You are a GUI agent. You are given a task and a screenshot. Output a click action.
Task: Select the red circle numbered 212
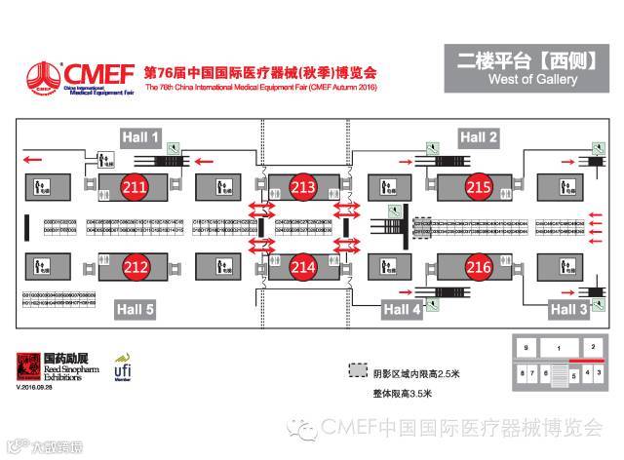136,264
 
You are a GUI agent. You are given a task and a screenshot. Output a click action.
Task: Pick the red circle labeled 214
303,264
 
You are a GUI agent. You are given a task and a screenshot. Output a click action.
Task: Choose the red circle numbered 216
478,264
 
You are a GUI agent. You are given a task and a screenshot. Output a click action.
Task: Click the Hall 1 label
140,138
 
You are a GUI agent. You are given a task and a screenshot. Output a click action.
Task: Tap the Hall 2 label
479,138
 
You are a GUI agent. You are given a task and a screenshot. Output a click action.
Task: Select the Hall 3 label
568,309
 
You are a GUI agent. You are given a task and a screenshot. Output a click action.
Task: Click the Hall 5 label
136,309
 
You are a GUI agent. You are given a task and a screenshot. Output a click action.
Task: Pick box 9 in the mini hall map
526,347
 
